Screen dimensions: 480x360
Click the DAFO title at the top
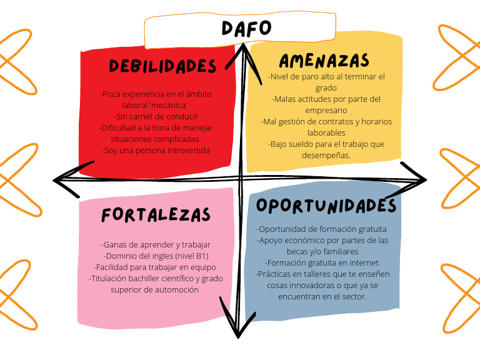[x=247, y=28]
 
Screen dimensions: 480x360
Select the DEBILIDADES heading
[x=162, y=66]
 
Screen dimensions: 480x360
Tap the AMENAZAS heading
[x=324, y=61]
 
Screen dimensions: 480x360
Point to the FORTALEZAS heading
[x=156, y=215]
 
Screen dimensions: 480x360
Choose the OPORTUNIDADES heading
[x=326, y=206]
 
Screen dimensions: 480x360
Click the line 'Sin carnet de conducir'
[x=156, y=117]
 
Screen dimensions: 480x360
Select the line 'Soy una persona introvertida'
[x=156, y=151]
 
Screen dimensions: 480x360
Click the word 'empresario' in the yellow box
[x=326, y=110]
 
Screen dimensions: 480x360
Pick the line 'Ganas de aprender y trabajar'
[x=156, y=244]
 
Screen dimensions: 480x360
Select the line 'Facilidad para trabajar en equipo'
[x=156, y=267]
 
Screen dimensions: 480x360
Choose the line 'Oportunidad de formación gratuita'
[x=322, y=229]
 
